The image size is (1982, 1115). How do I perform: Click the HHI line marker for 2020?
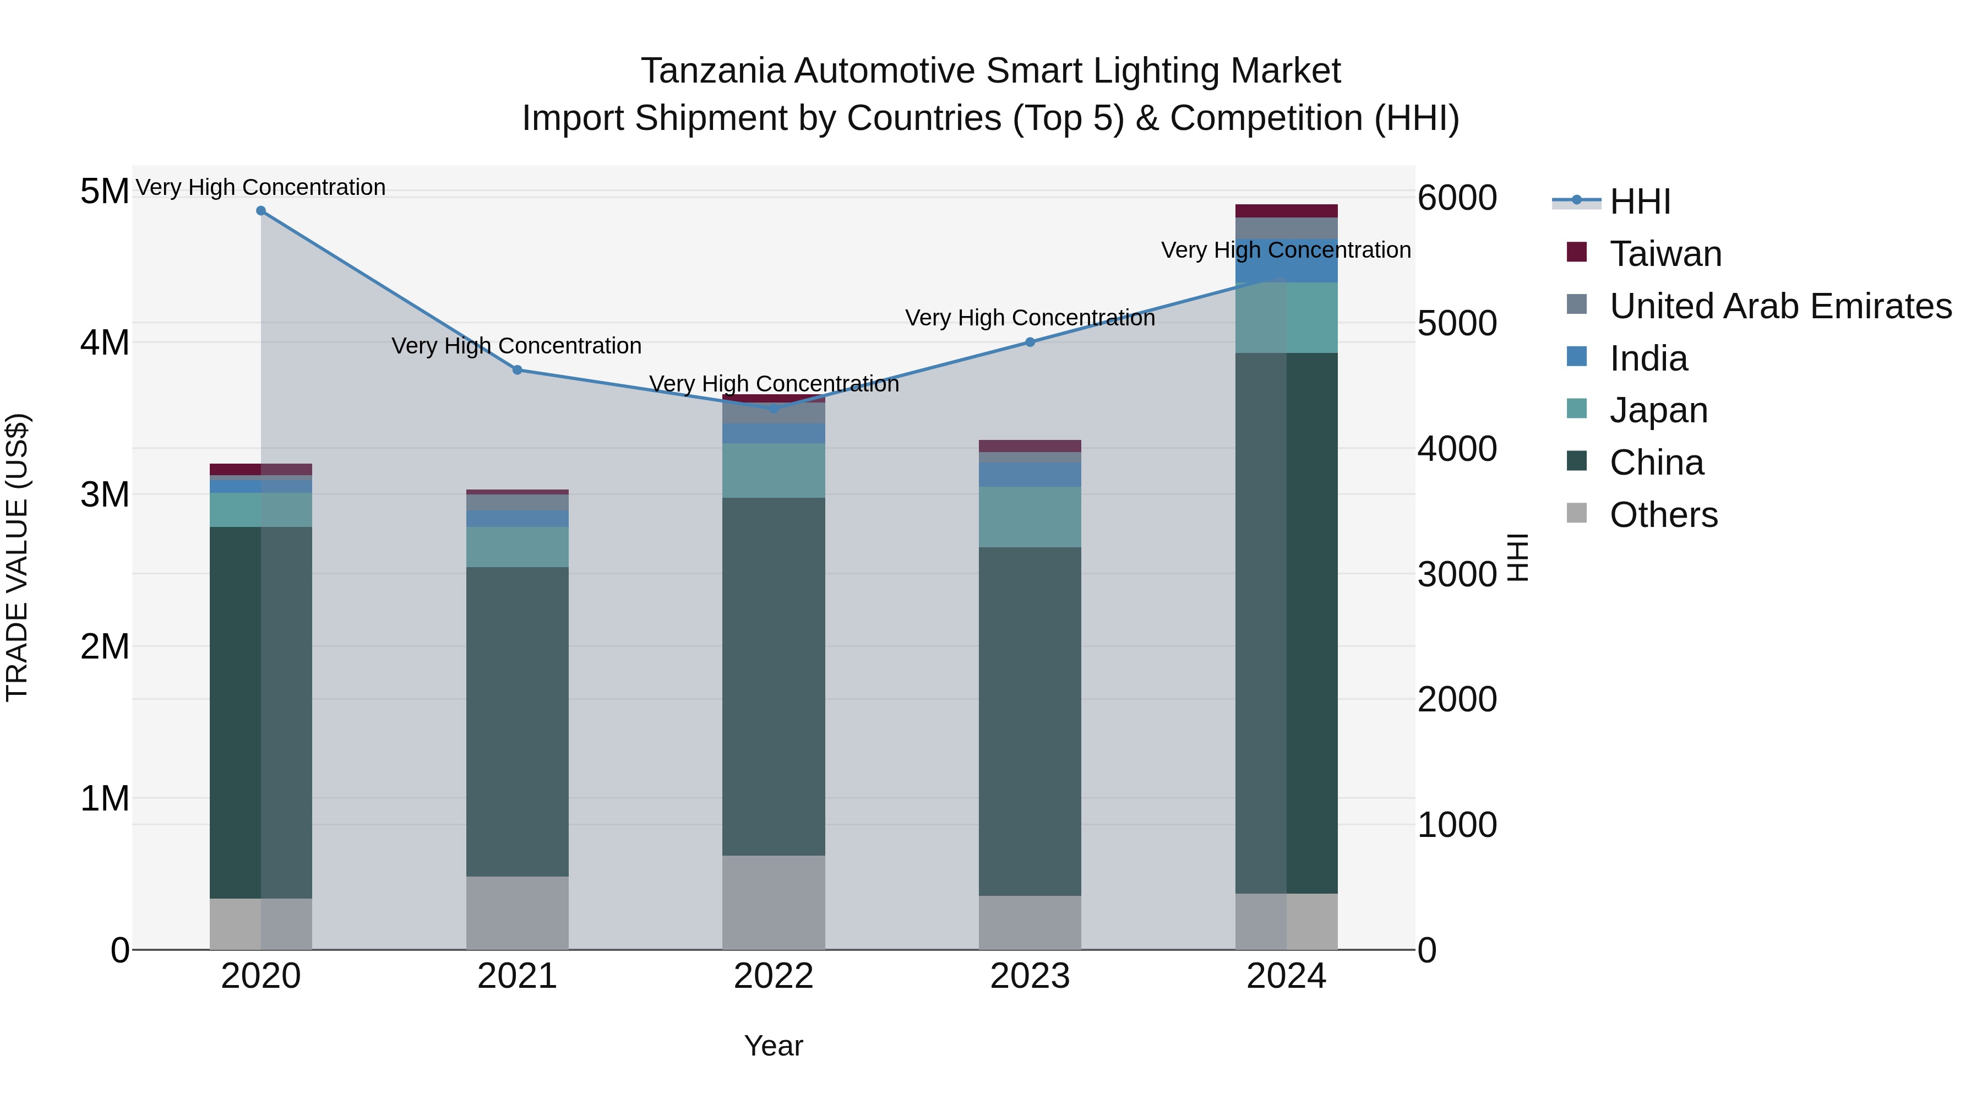point(261,211)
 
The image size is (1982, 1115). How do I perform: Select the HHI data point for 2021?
point(517,370)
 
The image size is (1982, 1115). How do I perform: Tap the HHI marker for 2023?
point(1030,342)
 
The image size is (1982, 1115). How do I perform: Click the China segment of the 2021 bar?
point(517,722)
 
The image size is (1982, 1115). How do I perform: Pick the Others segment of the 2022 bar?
point(774,902)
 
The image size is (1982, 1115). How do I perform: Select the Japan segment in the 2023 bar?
point(1030,517)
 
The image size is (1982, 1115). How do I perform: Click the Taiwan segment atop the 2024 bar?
point(1287,211)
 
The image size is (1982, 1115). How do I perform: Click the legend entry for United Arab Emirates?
point(1780,306)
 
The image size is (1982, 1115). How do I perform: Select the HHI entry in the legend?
point(1640,202)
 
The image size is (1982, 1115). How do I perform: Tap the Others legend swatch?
point(1577,513)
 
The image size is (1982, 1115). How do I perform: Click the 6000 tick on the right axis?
point(1456,198)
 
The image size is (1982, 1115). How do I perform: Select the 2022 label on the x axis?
point(774,976)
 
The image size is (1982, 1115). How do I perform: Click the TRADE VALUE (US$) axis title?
point(17,557)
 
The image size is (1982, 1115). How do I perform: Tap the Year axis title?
point(774,1046)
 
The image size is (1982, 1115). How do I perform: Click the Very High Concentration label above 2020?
point(261,187)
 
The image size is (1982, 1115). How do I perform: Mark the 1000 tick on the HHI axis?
point(1456,825)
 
